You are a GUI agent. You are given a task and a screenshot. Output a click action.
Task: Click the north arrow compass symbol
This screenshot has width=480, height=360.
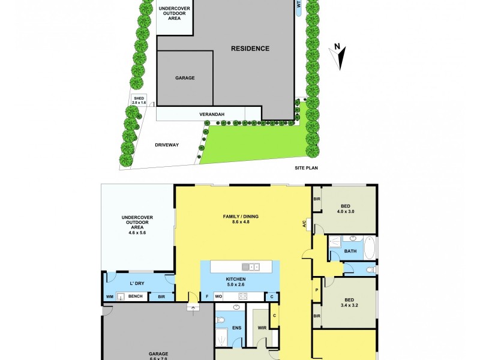click(340, 56)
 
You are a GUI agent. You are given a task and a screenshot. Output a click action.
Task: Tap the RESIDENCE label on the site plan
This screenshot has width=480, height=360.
click(251, 49)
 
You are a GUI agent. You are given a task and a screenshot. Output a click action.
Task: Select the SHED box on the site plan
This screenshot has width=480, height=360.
click(139, 100)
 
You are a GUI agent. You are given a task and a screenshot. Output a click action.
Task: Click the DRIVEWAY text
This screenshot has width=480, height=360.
click(167, 145)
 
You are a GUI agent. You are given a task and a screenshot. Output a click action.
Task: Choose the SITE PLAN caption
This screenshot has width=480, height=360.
click(305, 169)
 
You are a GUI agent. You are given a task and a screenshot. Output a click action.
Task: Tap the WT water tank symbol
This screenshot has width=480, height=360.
click(299, 8)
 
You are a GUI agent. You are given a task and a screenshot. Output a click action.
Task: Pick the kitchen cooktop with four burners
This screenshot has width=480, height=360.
click(243, 296)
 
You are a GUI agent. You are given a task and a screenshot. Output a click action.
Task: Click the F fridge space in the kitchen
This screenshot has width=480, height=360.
click(207, 296)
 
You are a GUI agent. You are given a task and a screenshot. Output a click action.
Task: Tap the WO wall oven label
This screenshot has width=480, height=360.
click(220, 296)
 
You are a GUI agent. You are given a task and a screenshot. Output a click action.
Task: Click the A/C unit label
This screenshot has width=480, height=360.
click(304, 224)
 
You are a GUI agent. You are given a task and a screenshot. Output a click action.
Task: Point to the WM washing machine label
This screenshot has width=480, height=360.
click(110, 296)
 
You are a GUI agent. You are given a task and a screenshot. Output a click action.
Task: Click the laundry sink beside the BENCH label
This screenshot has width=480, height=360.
click(121, 296)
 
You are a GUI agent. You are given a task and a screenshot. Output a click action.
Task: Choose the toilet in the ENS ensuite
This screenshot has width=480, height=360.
click(221, 319)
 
